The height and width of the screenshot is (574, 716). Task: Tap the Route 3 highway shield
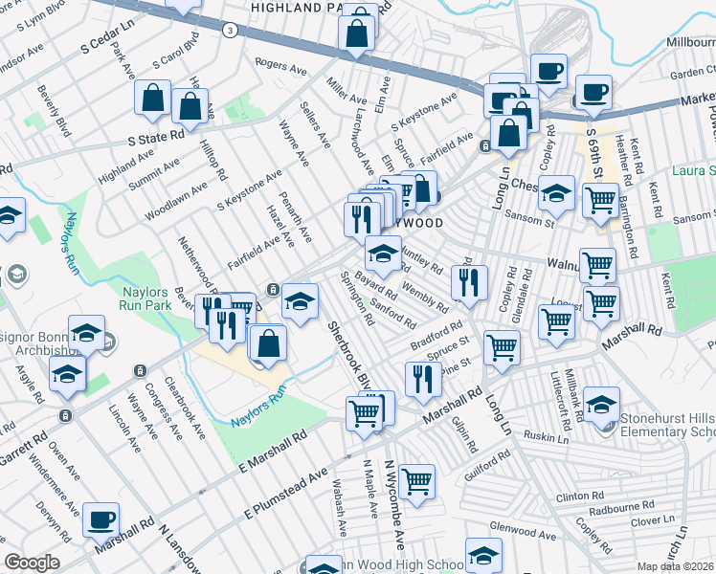230,31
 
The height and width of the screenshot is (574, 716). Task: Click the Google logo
32,563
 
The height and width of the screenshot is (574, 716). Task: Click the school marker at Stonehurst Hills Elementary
600,403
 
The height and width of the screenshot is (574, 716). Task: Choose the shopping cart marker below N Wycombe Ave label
416,481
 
